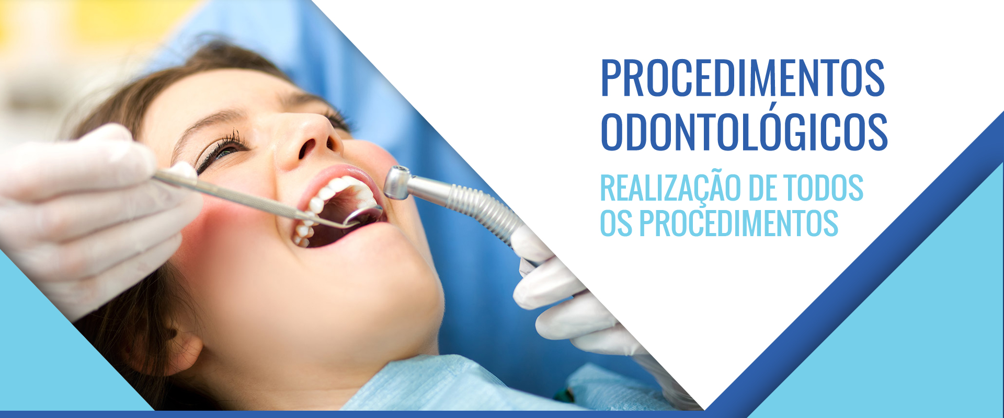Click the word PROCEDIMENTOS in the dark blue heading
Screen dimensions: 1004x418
tap(743, 78)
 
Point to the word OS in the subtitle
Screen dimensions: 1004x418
tap(617, 223)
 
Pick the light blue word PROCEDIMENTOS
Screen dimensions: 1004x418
tap(739, 223)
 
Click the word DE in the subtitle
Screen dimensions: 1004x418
tap(756, 188)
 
